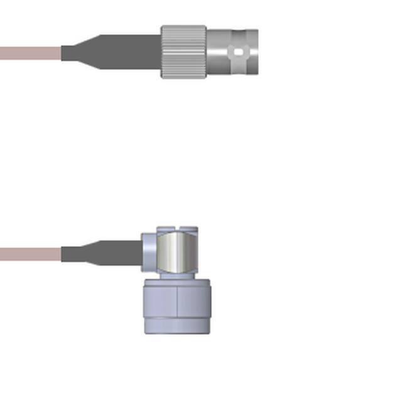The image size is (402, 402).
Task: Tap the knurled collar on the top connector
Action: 183,52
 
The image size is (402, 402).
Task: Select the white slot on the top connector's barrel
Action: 238,53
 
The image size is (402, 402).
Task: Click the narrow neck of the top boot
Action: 69,53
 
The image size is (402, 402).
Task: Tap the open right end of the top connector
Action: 254,52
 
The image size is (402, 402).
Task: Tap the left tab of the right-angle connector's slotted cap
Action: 165,229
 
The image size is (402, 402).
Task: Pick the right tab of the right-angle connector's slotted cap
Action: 189,230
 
